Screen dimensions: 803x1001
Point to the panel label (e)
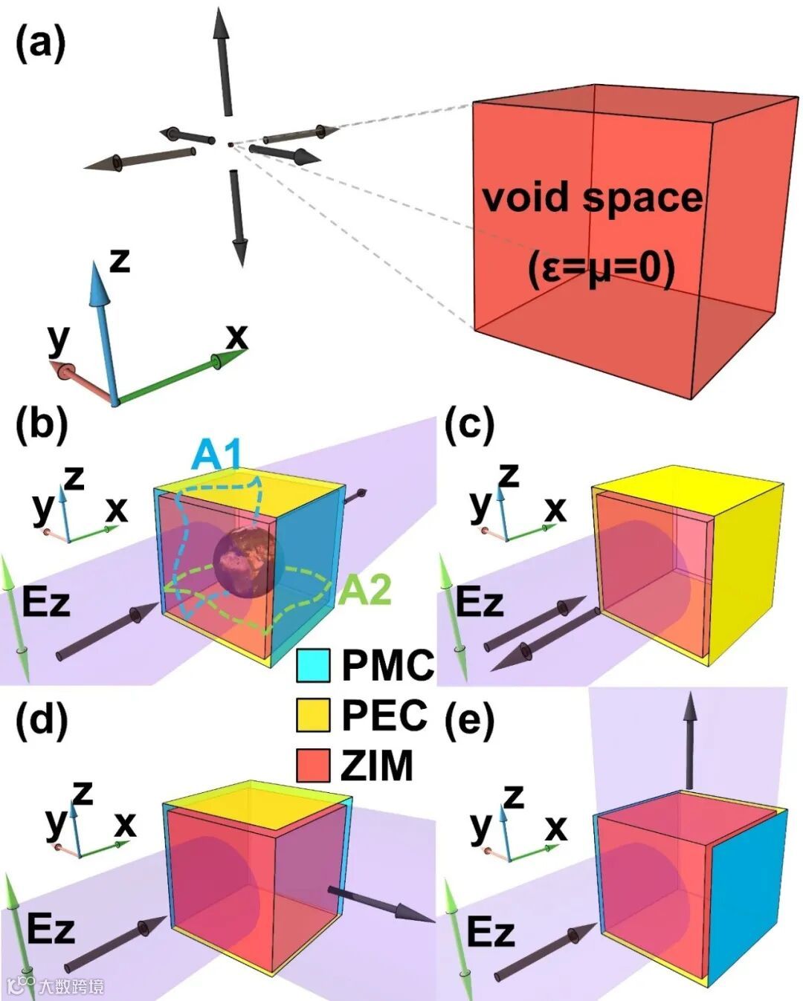469,719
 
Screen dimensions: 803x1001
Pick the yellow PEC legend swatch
312,715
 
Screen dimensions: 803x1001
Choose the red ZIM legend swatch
312,765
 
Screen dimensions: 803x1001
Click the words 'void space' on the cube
592,198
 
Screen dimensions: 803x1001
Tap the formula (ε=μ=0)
602,268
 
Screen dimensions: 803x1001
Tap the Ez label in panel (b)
46,602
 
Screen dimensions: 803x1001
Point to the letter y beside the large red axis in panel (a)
57,340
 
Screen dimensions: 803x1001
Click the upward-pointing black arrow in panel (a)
222,59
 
